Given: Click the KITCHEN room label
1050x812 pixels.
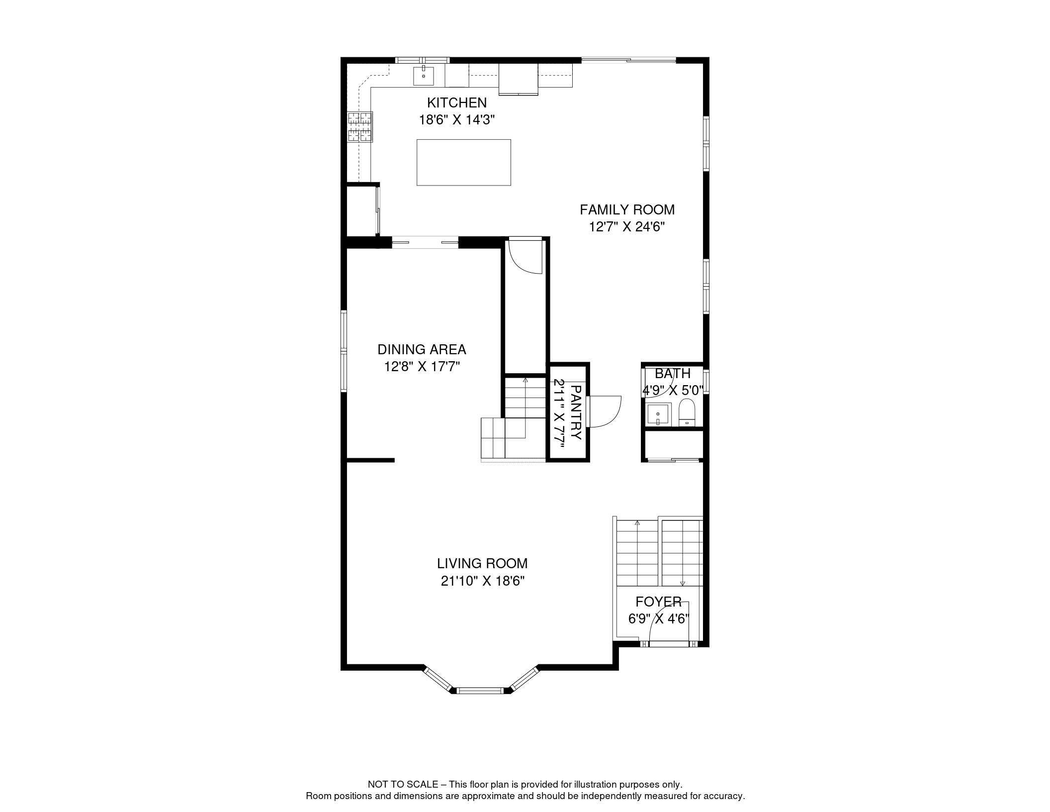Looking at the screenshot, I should pyautogui.click(x=456, y=103).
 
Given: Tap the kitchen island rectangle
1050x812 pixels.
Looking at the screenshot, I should pyautogui.click(x=463, y=162).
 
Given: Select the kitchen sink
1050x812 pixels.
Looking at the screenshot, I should pyautogui.click(x=423, y=76).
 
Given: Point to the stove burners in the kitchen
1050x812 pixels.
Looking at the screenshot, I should pyautogui.click(x=360, y=127).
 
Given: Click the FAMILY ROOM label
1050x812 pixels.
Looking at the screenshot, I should pyautogui.click(x=627, y=210).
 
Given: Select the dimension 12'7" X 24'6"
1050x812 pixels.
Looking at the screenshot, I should pyautogui.click(x=627, y=227).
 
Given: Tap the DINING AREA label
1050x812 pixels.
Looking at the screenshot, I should pyautogui.click(x=422, y=350).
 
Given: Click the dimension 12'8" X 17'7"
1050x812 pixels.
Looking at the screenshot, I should pyautogui.click(x=422, y=367).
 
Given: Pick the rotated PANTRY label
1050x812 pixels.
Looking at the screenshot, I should pyautogui.click(x=575, y=412).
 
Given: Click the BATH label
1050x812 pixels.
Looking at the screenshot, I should pyautogui.click(x=672, y=374).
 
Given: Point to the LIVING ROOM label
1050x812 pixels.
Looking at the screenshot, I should pyautogui.click(x=482, y=564).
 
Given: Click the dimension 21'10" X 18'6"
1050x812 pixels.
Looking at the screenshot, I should pyautogui.click(x=482, y=581).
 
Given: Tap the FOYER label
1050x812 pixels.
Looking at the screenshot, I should pyautogui.click(x=658, y=602).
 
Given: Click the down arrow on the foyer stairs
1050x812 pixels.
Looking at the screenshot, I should pyautogui.click(x=683, y=583).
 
